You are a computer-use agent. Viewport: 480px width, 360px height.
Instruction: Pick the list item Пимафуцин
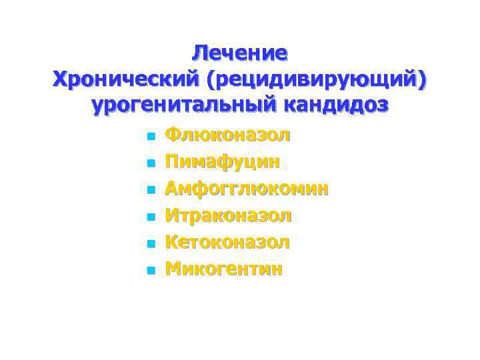(x=223, y=162)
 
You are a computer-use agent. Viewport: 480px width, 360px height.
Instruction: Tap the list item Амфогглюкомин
(x=247, y=189)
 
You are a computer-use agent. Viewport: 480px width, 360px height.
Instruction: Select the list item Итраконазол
(x=229, y=215)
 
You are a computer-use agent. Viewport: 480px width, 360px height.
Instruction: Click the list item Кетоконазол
(x=227, y=242)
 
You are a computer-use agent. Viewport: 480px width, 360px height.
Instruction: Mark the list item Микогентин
(x=224, y=269)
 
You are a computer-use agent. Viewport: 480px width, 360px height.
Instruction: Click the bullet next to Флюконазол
(x=151, y=137)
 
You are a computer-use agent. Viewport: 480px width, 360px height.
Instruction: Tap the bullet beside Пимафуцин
(x=151, y=163)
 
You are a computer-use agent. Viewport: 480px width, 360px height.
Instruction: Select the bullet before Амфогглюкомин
(x=151, y=190)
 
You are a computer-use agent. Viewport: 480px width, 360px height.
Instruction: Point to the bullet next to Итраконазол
(x=151, y=217)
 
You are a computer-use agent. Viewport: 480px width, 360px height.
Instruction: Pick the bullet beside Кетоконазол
(x=151, y=243)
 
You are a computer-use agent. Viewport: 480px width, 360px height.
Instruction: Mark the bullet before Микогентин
(x=151, y=270)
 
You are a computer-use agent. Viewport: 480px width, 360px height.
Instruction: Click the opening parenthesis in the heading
(x=211, y=79)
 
